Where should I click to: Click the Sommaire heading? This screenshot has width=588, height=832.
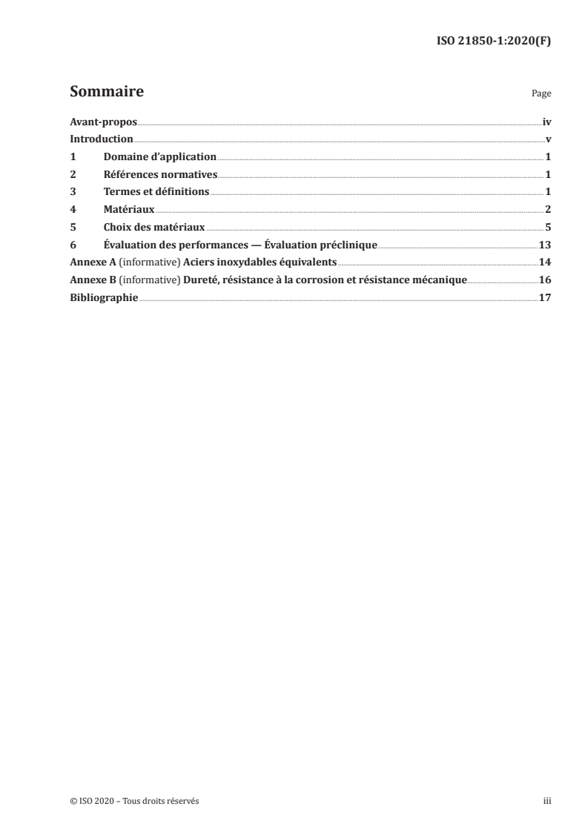106,93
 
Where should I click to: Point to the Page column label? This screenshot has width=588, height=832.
541,95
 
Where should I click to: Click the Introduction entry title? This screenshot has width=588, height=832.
101,139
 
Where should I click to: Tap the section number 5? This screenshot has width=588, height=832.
73,227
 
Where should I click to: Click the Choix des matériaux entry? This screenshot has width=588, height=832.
154,227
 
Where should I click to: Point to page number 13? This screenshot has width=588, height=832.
544,245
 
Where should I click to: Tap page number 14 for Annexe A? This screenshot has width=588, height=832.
544,262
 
